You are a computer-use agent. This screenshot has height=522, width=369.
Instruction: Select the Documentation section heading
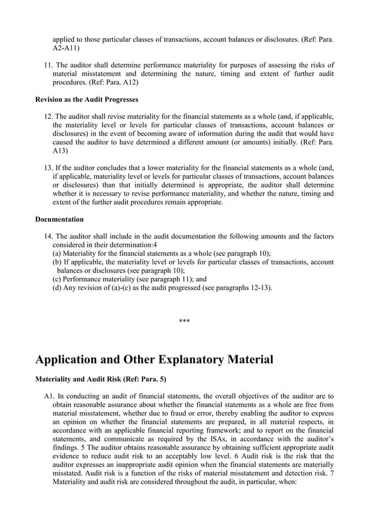(59, 219)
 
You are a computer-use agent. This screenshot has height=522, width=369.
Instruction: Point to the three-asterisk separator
(184, 321)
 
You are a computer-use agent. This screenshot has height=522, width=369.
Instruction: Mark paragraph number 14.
(49, 236)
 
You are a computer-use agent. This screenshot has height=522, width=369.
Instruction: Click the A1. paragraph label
(49, 396)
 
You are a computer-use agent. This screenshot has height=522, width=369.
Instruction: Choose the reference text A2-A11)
(67, 47)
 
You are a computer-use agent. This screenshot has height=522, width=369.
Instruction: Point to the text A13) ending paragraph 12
(60, 151)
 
